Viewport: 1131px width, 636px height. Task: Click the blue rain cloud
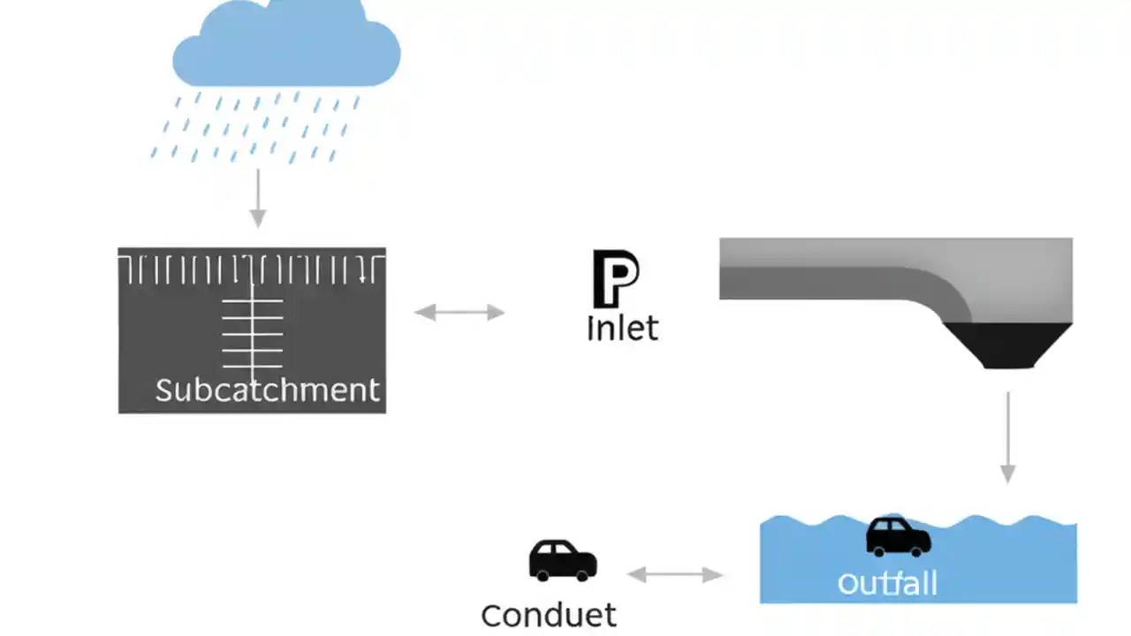coord(285,49)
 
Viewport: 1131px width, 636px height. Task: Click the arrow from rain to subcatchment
coord(257,198)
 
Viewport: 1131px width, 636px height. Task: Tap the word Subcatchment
coord(267,390)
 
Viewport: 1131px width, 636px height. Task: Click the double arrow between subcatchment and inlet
coord(459,312)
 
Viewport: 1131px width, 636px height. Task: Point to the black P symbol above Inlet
coord(615,278)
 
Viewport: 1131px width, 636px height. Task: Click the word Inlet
coord(622,329)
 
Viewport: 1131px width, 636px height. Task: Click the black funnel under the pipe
coord(1007,345)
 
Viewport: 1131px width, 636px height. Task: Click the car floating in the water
coord(898,536)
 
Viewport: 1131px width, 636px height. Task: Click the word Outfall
coord(886,584)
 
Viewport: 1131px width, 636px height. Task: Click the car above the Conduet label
coord(563,560)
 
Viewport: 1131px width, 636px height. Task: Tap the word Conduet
coord(549,615)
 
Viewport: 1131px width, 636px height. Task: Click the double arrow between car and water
coord(675,575)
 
